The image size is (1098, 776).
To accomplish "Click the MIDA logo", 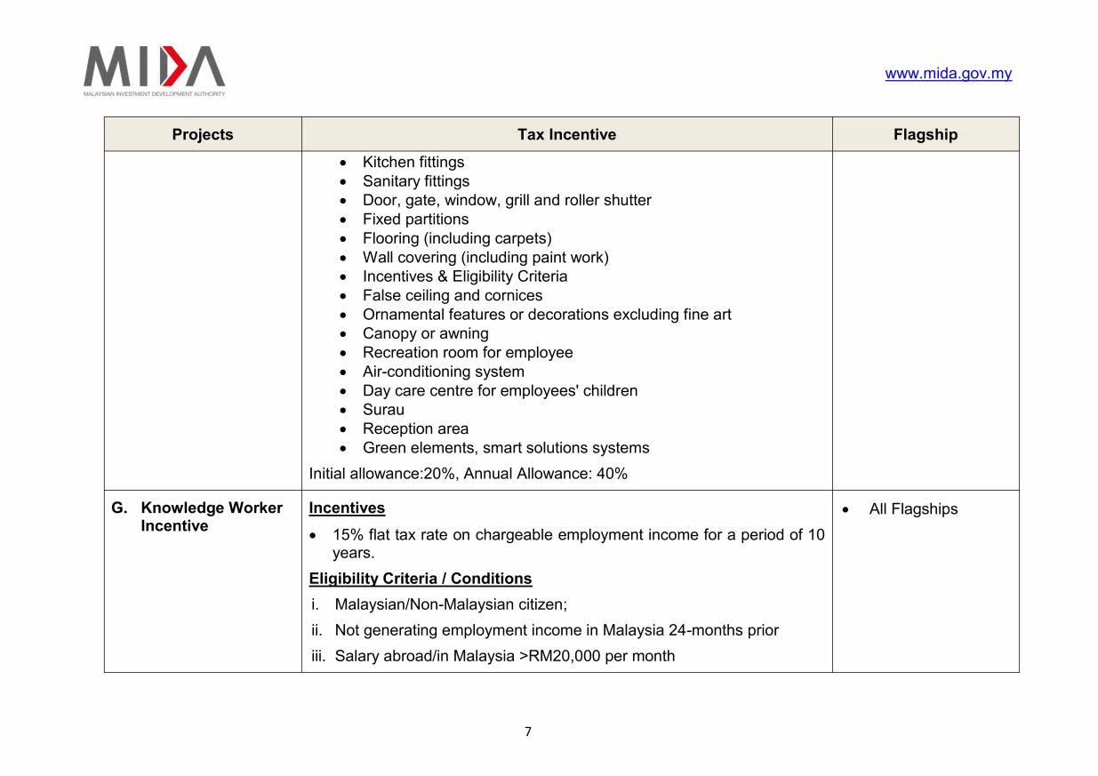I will click(154, 68).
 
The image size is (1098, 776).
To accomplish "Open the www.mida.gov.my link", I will click(948, 74).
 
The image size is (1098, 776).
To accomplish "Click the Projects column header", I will click(203, 134).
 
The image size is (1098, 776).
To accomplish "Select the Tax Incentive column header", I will click(566, 134).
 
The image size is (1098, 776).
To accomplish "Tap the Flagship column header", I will click(925, 134).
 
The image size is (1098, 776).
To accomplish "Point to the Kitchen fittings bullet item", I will click(413, 162).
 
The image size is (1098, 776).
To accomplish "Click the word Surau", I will click(383, 410).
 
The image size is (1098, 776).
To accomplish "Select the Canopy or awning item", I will click(425, 333).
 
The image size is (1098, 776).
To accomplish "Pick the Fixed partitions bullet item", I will click(415, 219).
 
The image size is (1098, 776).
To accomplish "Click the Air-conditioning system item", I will click(443, 372).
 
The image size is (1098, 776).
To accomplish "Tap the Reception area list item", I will click(415, 428).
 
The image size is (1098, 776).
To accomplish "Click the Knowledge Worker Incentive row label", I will click(211, 516).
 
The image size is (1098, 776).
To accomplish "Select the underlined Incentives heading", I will click(347, 508).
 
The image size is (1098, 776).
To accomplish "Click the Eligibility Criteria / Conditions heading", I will click(420, 579).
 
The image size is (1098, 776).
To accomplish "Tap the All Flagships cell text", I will click(913, 509).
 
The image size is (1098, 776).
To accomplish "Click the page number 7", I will click(528, 732).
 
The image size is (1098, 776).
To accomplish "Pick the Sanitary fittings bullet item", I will click(415, 181).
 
